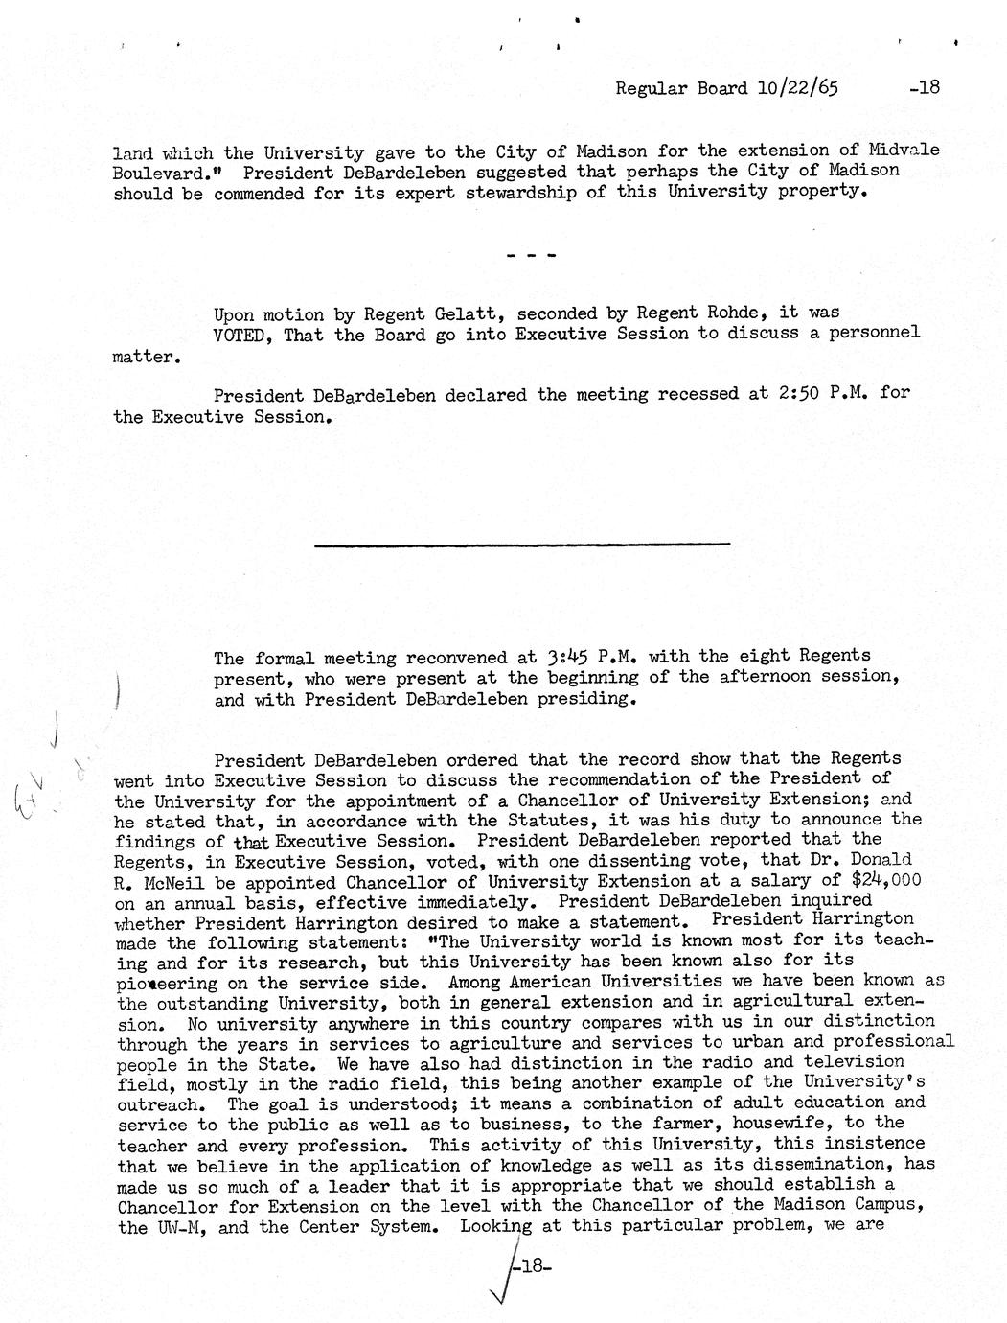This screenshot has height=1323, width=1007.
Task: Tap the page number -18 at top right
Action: coord(925,87)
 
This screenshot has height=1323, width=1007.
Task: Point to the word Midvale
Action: coord(904,151)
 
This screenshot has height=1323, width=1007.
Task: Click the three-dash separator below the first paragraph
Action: coord(527,255)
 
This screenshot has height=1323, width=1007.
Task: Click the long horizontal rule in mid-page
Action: coord(521,545)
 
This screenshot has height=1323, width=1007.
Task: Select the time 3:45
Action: coord(566,658)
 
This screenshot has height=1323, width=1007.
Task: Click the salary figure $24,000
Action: coord(873,881)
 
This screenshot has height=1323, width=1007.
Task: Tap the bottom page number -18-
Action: coord(531,1265)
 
